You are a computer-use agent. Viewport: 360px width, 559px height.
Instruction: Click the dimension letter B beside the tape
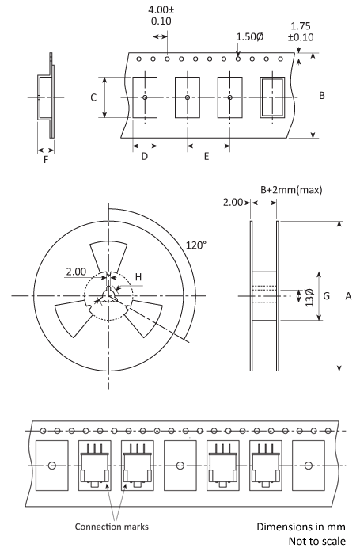(321, 96)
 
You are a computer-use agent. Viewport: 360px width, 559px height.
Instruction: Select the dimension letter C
(93, 97)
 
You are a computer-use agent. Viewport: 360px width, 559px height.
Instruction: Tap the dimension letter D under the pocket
(144, 156)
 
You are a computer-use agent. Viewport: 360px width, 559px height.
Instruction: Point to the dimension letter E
(207, 156)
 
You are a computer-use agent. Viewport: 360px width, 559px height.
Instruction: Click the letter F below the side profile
(46, 160)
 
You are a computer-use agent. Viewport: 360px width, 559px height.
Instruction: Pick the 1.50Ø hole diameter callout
(249, 36)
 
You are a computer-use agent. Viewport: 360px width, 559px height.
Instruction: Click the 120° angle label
(196, 245)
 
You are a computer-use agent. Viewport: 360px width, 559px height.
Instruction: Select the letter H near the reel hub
(138, 277)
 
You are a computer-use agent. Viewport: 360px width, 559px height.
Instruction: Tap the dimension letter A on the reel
(348, 296)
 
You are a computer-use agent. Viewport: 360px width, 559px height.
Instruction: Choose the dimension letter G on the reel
(326, 296)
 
